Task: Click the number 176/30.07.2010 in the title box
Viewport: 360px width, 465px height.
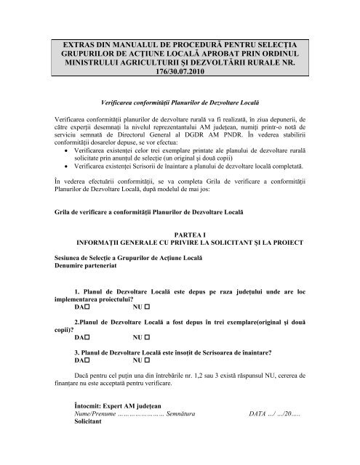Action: (x=180, y=73)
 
